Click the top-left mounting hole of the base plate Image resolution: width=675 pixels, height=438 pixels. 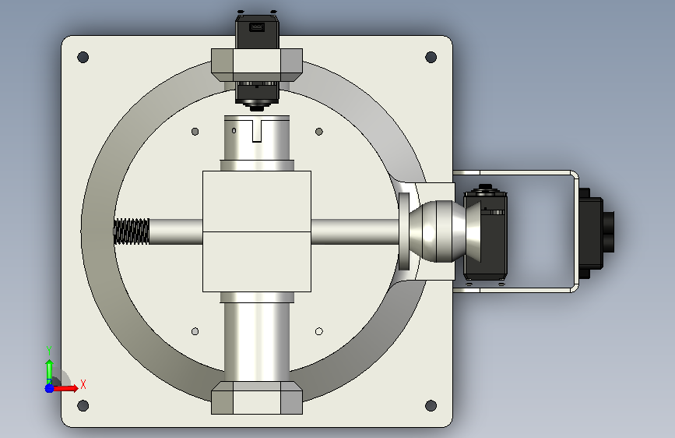click(83, 57)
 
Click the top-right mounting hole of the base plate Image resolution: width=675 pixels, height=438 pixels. click(431, 57)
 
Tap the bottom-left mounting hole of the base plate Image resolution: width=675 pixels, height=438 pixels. click(83, 405)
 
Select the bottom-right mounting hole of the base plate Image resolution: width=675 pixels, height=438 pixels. click(431, 405)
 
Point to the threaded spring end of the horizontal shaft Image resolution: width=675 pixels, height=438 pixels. click(132, 231)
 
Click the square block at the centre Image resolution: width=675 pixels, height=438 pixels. click(257, 231)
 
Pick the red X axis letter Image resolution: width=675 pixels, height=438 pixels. click(83, 384)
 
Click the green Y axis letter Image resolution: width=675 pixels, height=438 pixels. click(49, 350)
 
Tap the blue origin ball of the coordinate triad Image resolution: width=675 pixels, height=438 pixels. click(50, 388)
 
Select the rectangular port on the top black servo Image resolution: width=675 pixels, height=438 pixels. click(257, 27)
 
